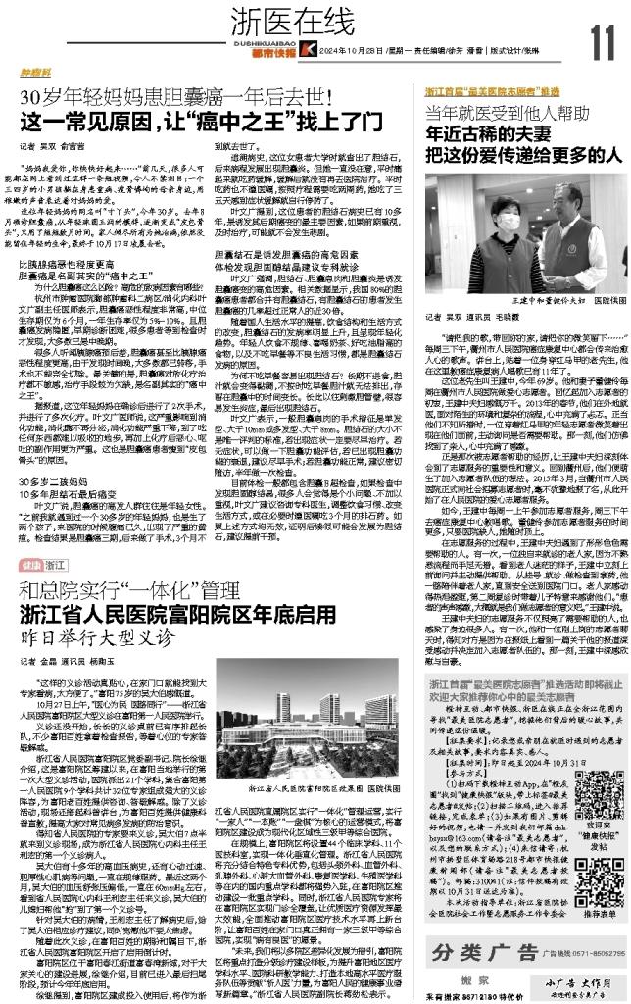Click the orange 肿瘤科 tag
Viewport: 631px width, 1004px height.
coord(35,73)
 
